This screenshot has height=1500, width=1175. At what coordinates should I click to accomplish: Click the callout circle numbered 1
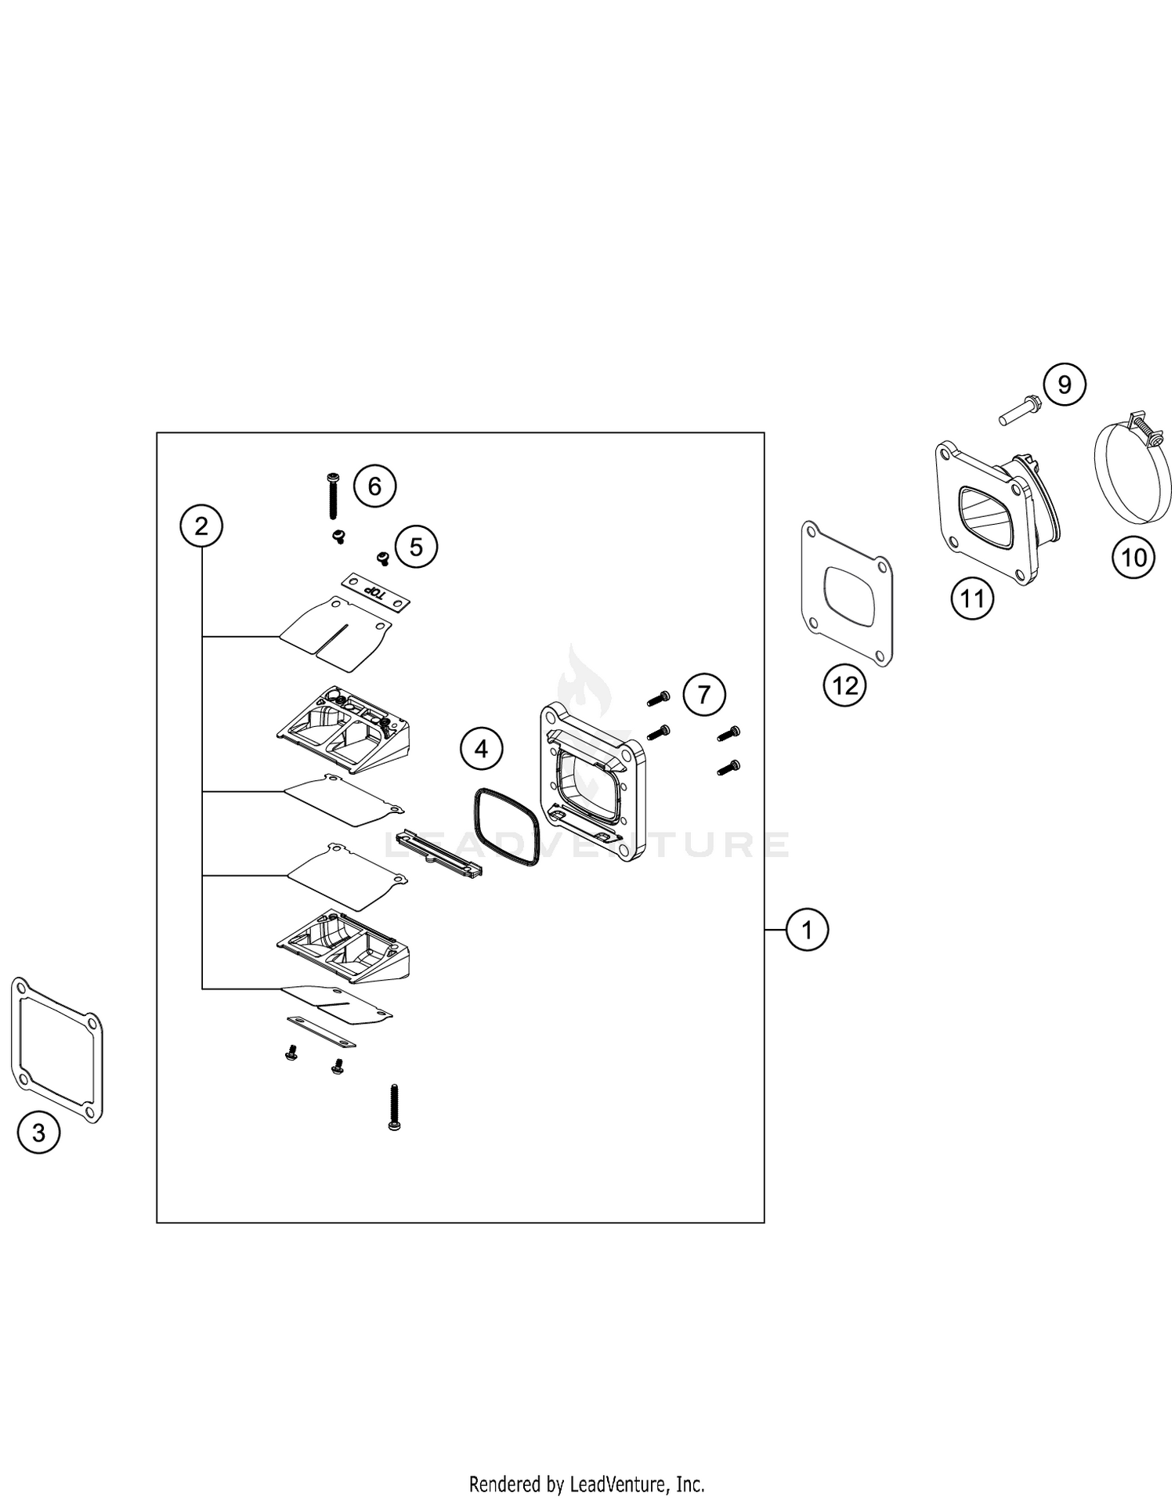click(807, 930)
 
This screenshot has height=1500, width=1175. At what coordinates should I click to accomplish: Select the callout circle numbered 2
click(201, 526)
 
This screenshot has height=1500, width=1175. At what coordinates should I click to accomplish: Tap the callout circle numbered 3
click(38, 1132)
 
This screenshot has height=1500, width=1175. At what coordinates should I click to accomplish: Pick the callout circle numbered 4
click(481, 750)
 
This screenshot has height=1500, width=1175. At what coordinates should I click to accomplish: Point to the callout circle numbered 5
click(416, 547)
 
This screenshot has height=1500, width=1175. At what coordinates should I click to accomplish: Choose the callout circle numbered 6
click(374, 486)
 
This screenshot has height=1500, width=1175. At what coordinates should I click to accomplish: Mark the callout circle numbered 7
click(703, 695)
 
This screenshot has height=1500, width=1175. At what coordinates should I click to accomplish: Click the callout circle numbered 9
click(1065, 385)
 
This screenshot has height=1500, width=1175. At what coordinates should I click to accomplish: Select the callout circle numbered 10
click(1133, 558)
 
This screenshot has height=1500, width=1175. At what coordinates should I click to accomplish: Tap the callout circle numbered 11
click(972, 599)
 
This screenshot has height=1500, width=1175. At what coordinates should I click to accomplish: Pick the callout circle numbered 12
click(845, 686)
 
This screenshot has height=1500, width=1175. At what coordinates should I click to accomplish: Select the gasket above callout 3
click(16, 1042)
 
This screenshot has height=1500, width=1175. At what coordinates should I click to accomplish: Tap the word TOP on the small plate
click(378, 593)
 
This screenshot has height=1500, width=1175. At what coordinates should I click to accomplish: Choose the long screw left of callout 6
click(333, 496)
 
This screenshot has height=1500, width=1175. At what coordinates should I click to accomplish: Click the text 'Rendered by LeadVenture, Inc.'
click(587, 1483)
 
